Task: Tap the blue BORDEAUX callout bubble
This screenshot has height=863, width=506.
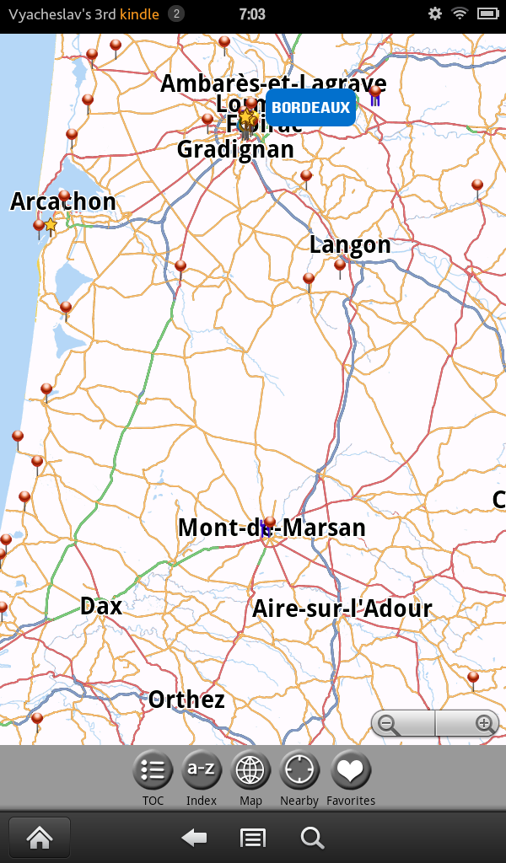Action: coord(310,108)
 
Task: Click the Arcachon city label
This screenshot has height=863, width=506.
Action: coord(63,202)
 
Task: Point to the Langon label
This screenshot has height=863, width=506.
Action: coord(350,245)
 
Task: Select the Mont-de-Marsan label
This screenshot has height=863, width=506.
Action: coord(272,528)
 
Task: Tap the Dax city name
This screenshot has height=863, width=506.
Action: coord(101,607)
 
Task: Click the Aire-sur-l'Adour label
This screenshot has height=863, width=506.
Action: coord(342,609)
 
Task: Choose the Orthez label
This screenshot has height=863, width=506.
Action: coord(186,700)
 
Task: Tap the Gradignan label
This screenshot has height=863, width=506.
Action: coord(235,149)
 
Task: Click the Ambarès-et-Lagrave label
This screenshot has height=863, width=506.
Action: coord(273,83)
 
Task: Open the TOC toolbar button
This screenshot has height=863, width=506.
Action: coord(153,770)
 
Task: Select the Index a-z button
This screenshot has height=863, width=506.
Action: coord(202,770)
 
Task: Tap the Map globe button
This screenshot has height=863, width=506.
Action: coord(250,770)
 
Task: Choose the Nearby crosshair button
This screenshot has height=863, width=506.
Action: coord(299,770)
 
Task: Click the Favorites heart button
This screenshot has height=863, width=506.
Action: coord(351,770)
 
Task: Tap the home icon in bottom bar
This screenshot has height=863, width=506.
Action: coord(39,838)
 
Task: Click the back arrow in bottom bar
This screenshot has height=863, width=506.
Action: coord(195,838)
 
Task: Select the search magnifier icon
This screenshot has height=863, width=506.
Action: coord(312,838)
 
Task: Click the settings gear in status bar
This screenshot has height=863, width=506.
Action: coord(435,13)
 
